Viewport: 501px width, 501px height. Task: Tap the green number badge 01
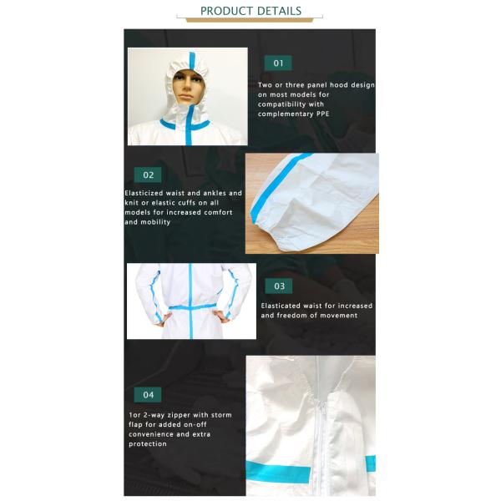coord(278,63)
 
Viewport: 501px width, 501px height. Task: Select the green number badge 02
coord(149,175)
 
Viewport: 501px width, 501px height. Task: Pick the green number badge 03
coord(279,286)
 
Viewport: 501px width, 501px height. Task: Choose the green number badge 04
coord(149,395)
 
